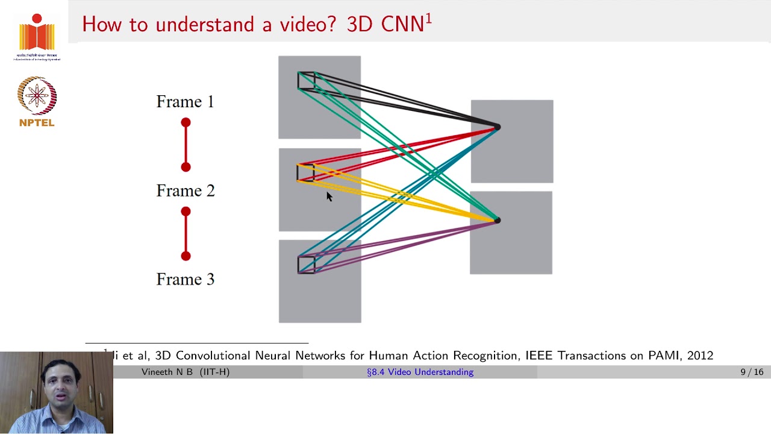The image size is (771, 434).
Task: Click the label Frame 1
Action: click(185, 101)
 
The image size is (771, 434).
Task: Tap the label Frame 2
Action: click(185, 190)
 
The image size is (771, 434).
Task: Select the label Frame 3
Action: click(185, 279)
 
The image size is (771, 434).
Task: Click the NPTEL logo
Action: click(37, 101)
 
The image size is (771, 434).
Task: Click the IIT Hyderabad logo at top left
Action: click(37, 36)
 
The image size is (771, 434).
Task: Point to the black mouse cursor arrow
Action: click(329, 197)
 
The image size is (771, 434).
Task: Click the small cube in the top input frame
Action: click(306, 81)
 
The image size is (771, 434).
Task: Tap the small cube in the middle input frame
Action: click(305, 172)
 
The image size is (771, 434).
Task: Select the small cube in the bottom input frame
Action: click(306, 264)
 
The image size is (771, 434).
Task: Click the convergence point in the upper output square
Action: click(497, 127)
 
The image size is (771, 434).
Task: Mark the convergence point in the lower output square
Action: click(497, 221)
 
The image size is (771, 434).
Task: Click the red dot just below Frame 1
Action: click(186, 123)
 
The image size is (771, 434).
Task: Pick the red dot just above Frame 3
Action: click(186, 256)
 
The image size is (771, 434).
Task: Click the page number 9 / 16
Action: click(752, 372)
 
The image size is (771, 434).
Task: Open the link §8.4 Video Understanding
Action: click(420, 372)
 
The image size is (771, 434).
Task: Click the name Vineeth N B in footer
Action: click(168, 372)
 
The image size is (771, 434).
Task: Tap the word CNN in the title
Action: click(402, 24)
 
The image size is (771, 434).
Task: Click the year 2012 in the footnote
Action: click(700, 356)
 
